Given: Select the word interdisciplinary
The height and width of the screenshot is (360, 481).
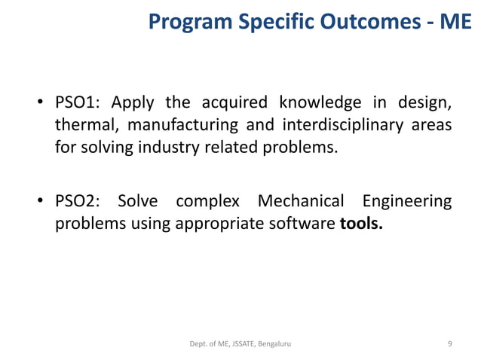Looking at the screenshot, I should (339, 125).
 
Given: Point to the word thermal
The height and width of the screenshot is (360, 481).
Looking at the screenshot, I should (84, 125).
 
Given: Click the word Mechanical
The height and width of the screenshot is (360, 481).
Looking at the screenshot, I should (301, 202).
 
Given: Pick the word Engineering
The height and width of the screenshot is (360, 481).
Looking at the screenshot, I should (407, 202).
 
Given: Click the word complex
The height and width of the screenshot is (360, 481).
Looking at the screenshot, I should (207, 202).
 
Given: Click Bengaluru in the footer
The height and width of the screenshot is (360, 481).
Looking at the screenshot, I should (274, 343).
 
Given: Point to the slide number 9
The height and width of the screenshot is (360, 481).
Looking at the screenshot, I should (450, 343).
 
